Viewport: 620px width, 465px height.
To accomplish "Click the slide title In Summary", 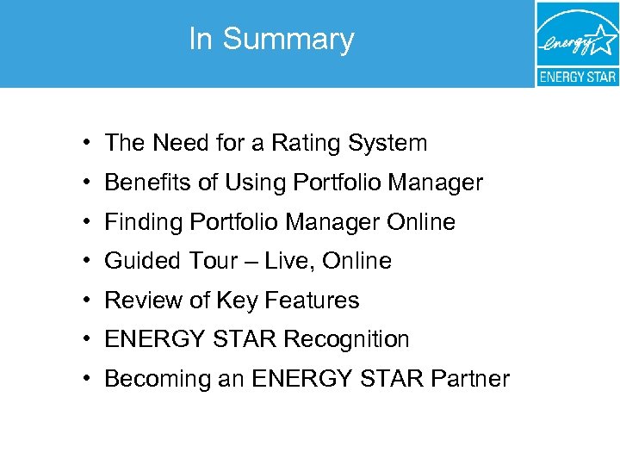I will click(x=271, y=40).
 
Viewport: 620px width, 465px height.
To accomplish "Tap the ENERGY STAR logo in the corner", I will click(x=577, y=43).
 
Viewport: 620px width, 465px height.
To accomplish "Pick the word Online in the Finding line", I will click(x=421, y=222).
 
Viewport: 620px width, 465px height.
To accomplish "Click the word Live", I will click(x=284, y=261).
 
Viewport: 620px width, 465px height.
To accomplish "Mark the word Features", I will click(x=312, y=301).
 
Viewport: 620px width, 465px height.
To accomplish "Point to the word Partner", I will click(x=472, y=379).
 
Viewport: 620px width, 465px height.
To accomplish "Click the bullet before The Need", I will click(x=89, y=143).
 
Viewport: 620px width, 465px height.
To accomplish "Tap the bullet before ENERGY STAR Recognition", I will click(x=89, y=339).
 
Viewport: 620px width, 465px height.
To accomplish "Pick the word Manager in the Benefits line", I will click(x=436, y=183).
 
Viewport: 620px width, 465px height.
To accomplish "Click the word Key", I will click(x=237, y=301).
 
